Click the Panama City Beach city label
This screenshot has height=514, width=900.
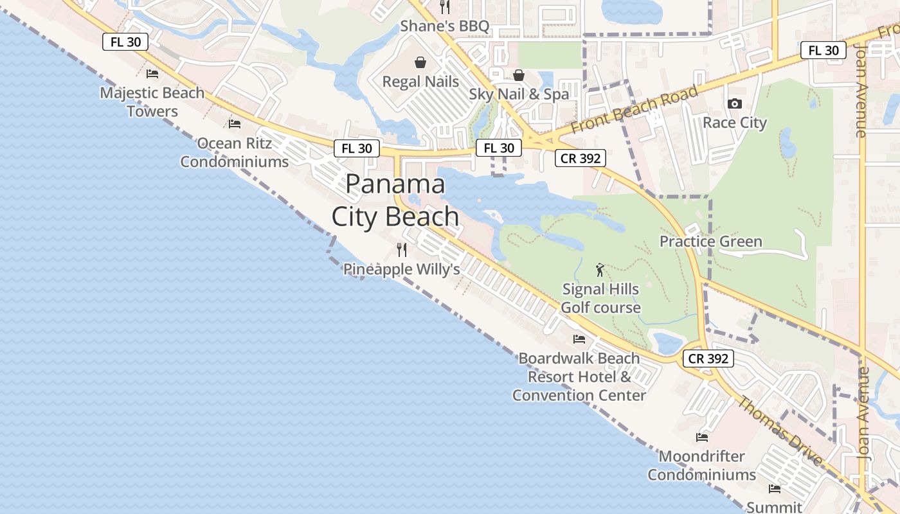coord(395,200)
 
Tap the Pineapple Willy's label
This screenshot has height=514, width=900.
coord(401,269)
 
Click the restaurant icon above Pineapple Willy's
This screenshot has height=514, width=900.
coord(402,250)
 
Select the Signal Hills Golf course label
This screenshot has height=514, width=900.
coord(600,298)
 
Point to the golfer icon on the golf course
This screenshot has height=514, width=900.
coord(600,270)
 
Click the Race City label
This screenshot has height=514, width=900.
coord(735,122)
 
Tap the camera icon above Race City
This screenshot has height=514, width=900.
coord(735,103)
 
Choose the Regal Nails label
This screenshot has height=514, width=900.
coord(420,82)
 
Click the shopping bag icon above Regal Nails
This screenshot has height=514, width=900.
coord(420,62)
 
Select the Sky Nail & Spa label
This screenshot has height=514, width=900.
coord(519,94)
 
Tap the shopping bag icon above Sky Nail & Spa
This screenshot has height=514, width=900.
coord(519,75)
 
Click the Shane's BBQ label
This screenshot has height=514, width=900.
coord(445,26)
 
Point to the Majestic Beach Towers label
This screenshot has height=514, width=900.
coord(152,102)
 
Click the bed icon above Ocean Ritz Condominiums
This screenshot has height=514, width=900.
coord(235,123)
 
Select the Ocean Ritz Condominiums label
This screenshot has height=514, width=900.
coord(235,152)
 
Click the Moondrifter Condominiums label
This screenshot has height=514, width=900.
coord(701,466)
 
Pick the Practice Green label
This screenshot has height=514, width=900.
coord(711,242)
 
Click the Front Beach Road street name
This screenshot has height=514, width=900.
coord(634,109)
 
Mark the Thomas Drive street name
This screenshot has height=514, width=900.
coord(780,431)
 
